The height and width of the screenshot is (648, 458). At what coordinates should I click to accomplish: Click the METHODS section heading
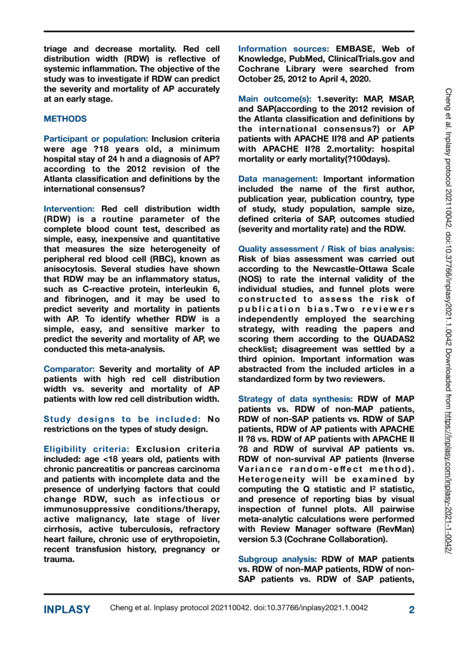coord(65,119)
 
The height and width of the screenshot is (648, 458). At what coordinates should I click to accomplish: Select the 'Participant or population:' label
coord(96,138)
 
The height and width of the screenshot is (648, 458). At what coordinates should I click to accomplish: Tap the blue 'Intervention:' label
coord(70,209)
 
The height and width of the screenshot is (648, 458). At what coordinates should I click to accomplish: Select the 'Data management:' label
coord(278,178)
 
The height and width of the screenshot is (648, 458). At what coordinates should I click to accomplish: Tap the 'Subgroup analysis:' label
coord(278,558)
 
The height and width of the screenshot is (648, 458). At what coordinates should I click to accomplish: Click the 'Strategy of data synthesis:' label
coord(296,398)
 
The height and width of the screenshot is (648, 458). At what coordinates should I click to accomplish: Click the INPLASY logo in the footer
coord(67,609)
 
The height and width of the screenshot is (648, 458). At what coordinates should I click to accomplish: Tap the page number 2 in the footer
coord(412,609)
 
